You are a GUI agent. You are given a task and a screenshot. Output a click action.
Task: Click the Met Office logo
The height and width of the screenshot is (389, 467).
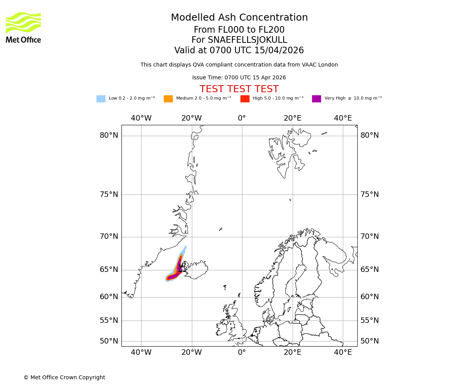tap(23, 27)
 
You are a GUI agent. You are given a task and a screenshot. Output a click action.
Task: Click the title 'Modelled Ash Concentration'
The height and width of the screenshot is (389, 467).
tap(239, 18)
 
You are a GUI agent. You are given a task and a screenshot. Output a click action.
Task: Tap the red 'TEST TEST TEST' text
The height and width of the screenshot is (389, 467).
tap(239, 89)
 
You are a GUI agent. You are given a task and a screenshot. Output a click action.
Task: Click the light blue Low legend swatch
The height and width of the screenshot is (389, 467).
tap(101, 99)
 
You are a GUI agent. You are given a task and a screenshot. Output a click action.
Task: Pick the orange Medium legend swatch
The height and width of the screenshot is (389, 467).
tap(168, 99)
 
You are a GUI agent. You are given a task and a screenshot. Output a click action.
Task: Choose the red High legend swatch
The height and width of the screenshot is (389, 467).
tap(245, 99)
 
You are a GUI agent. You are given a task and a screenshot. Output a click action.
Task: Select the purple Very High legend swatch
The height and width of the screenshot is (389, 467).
tap(316, 99)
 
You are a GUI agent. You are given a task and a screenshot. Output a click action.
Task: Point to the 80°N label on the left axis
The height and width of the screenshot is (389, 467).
tap(109, 135)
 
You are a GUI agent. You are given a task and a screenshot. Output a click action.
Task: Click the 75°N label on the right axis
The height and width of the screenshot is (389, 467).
tap(369, 194)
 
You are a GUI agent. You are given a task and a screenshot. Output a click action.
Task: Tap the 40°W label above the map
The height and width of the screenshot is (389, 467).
tap(141, 118)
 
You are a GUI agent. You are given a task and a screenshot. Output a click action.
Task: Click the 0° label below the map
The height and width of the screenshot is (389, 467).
tap(242, 352)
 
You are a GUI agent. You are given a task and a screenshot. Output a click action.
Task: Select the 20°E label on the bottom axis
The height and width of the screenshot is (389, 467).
tap(292, 352)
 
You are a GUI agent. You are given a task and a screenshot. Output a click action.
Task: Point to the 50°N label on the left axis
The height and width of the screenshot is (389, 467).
tap(109, 341)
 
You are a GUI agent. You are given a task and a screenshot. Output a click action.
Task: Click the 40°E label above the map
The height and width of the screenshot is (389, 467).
tap(343, 118)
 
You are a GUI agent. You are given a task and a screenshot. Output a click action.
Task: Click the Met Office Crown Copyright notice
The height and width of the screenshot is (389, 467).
tap(64, 377)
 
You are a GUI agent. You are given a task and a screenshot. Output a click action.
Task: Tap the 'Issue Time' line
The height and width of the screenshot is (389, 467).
tap(239, 78)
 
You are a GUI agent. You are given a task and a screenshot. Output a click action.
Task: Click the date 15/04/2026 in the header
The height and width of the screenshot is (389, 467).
tap(279, 51)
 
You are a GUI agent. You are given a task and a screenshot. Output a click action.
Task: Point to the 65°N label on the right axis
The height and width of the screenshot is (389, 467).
tap(369, 270)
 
